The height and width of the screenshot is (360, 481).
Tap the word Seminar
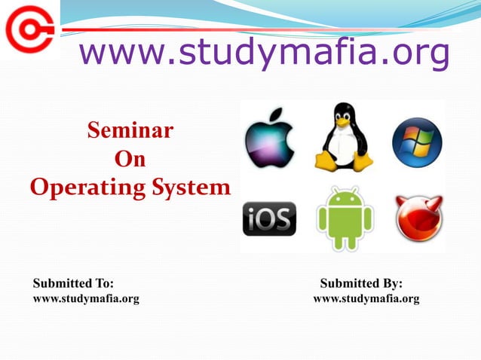coord(130,132)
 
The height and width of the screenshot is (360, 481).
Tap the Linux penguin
coord(344,139)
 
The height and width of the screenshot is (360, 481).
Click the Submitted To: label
coord(73,283)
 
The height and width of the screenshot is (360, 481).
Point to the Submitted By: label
coord(361,283)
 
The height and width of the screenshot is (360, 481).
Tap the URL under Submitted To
coord(86,299)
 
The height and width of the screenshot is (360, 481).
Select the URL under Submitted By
coord(366,299)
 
